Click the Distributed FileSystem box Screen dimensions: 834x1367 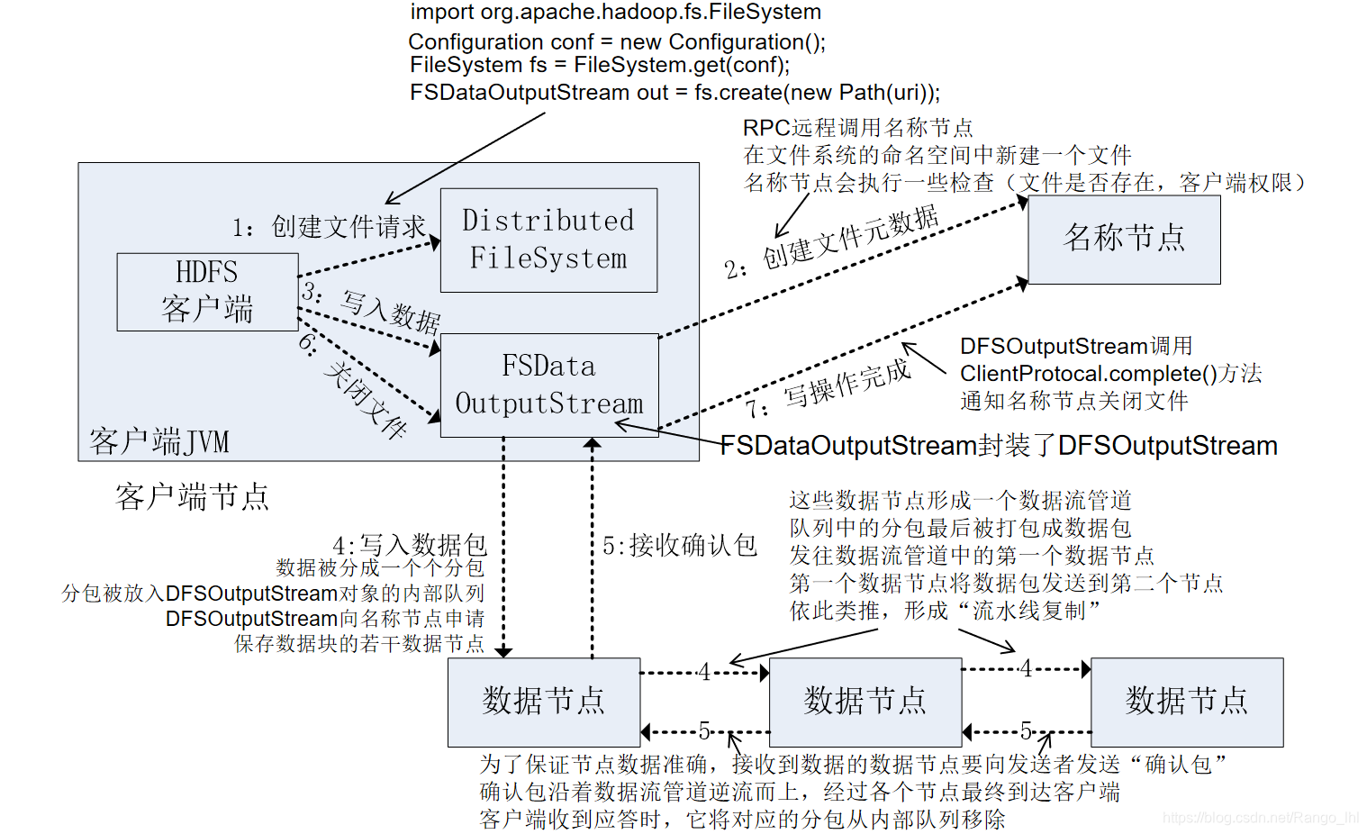pos(548,240)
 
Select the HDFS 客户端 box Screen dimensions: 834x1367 pos(207,291)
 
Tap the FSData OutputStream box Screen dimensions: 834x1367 pos(549,385)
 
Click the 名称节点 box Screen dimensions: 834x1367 pos(1124,239)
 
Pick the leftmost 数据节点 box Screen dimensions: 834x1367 pos(544,702)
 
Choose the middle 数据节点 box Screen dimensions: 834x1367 pos(865,702)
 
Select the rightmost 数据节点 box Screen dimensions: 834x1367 pos(1187,702)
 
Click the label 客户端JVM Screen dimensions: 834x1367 pos(159,441)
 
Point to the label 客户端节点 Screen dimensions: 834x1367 pos(192,496)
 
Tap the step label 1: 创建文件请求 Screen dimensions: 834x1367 pos(329,227)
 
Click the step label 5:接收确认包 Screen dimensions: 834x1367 pos(680,545)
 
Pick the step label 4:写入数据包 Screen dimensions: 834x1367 pos(410,545)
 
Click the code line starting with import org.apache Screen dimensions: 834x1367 pos(616,12)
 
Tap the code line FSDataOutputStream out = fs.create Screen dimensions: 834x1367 pos(674,93)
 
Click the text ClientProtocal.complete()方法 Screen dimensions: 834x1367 pos(1110,374)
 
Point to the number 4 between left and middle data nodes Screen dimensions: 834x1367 pos(704,672)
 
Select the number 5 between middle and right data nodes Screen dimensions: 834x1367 pos(1026,730)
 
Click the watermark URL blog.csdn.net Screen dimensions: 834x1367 pos(1261,818)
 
